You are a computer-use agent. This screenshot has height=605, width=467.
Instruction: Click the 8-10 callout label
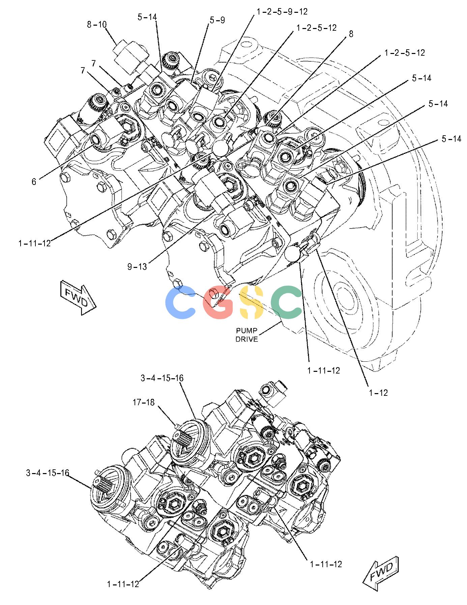[96, 25]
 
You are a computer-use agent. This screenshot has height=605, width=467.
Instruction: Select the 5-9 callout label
[217, 20]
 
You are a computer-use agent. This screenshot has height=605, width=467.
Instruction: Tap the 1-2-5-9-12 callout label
[282, 11]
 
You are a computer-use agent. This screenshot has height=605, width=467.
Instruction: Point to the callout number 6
[34, 182]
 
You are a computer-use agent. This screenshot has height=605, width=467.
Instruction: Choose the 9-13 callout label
[137, 267]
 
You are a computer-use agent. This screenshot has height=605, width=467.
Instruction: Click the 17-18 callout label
[143, 403]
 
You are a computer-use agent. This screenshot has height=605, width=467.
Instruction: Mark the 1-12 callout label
[378, 393]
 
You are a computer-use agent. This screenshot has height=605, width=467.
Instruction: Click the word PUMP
[246, 331]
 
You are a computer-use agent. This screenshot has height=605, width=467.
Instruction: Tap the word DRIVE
[246, 339]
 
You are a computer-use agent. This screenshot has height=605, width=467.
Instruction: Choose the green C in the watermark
[287, 302]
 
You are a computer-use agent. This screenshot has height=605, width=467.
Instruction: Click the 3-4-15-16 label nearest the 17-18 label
[162, 378]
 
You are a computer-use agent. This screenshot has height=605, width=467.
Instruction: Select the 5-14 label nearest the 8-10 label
[147, 17]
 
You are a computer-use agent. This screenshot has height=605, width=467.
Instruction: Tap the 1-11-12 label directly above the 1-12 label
[323, 370]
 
